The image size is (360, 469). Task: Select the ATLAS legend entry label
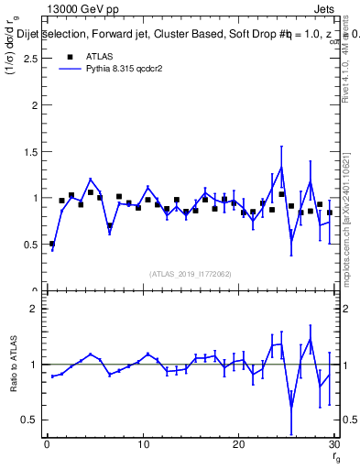click(99, 57)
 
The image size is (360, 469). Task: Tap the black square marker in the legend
click(67, 57)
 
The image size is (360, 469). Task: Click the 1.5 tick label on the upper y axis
click(32, 151)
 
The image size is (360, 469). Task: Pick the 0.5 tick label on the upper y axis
click(32, 245)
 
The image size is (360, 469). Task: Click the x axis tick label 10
click(143, 446)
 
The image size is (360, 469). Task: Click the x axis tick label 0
click(48, 446)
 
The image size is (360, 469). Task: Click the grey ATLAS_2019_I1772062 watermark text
click(191, 274)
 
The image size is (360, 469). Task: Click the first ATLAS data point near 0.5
click(52, 244)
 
